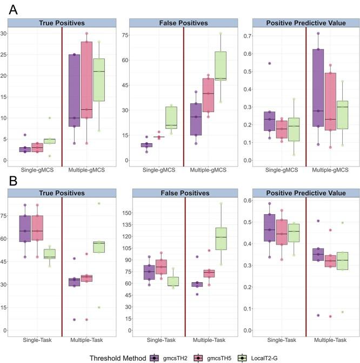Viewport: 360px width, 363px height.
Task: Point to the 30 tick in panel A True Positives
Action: pyautogui.click(x=5, y=34)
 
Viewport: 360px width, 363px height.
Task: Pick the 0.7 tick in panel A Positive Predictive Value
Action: pyautogui.click(x=246, y=36)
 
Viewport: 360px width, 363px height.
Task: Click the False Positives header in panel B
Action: pyautogui.click(x=184, y=193)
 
